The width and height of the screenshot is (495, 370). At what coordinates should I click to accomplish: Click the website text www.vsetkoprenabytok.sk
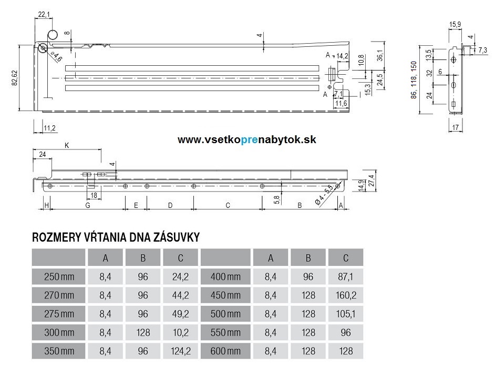[246, 139]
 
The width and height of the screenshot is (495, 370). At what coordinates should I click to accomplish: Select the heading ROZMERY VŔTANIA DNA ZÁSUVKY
[116, 237]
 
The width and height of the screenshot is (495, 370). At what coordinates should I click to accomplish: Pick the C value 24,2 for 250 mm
[180, 276]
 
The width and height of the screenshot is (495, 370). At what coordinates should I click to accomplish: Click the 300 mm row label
[59, 332]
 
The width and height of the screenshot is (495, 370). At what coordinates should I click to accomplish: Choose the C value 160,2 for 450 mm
[346, 295]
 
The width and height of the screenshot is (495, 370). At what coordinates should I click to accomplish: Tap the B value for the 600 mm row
[308, 351]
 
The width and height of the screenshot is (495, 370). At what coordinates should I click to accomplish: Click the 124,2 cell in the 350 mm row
[180, 351]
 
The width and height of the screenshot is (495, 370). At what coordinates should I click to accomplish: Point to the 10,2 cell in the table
[180, 332]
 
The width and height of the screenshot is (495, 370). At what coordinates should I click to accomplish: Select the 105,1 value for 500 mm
[346, 314]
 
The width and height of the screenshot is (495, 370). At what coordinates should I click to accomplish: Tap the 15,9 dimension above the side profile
[455, 24]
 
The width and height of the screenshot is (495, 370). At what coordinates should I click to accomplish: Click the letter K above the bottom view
[66, 145]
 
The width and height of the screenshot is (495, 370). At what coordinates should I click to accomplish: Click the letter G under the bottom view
[87, 205]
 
